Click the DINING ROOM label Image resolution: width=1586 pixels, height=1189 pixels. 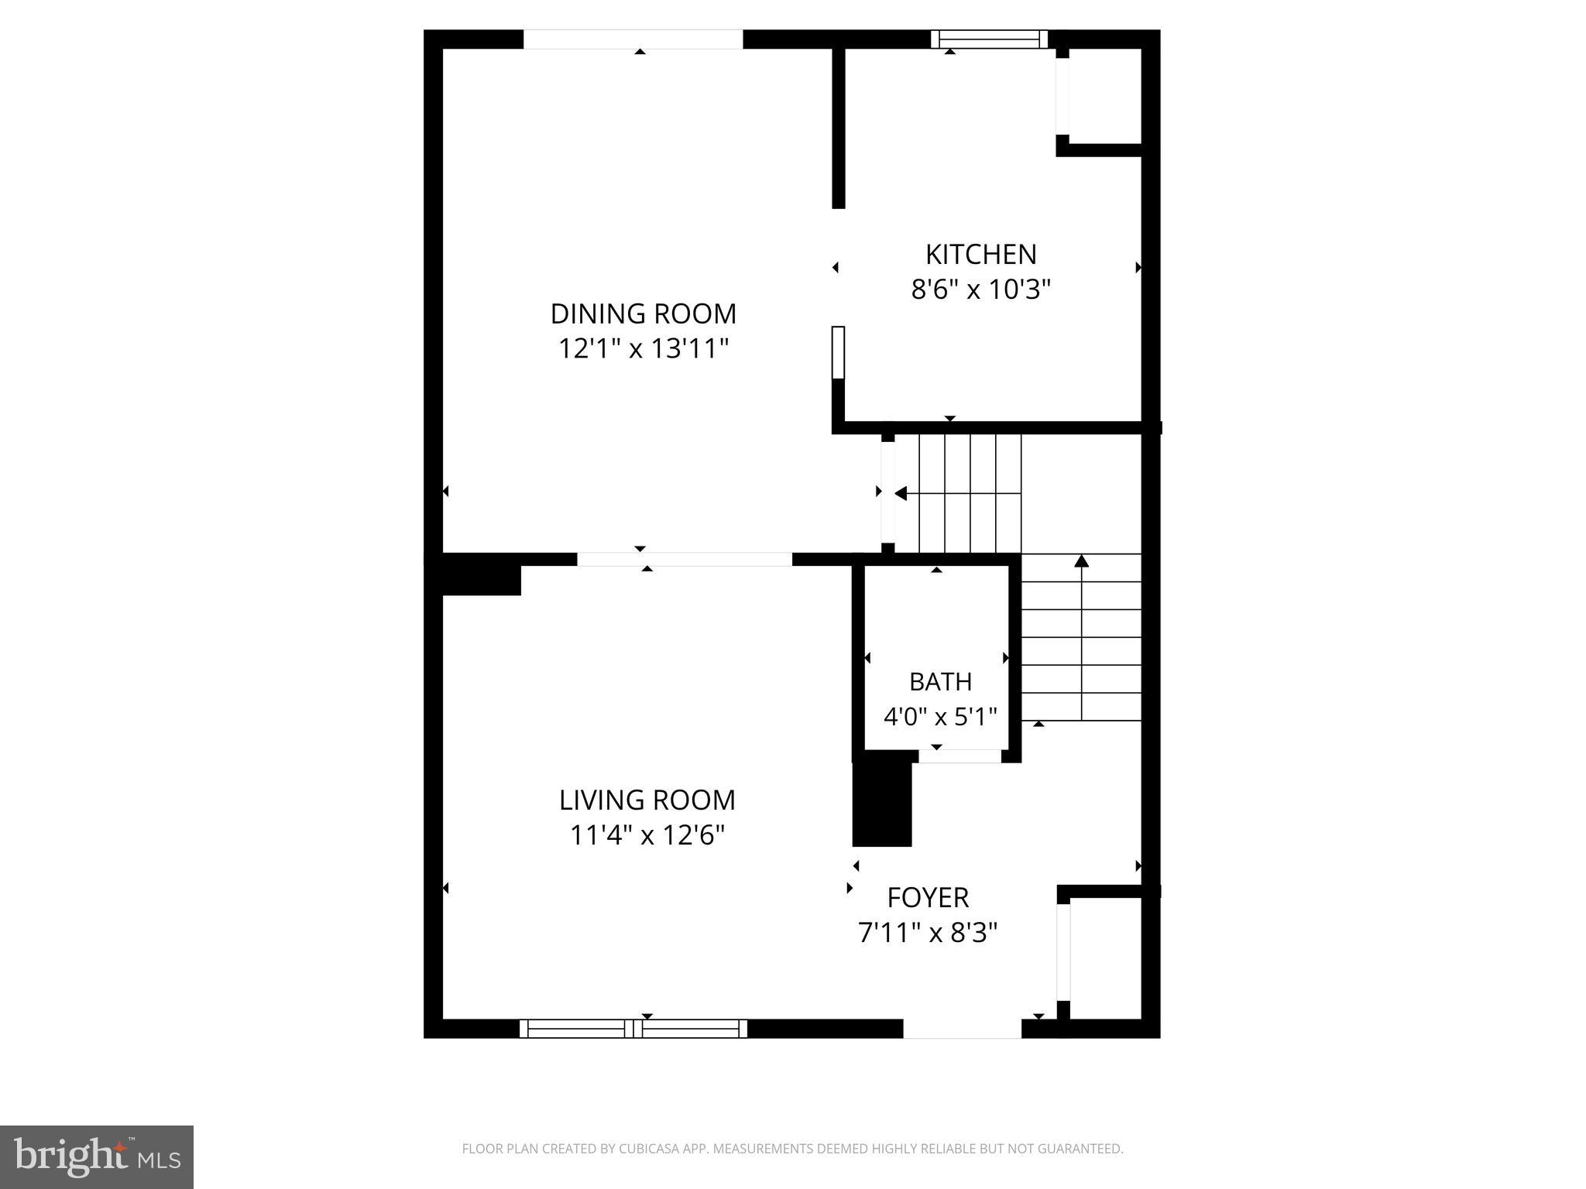643,314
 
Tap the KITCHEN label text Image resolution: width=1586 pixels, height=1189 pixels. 980,255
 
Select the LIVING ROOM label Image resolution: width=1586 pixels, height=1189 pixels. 647,800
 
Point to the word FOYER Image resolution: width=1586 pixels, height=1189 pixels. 928,897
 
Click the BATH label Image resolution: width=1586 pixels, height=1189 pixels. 940,682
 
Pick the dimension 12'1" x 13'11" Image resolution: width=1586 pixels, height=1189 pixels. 644,349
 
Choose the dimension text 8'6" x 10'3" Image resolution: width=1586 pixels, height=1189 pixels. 980,290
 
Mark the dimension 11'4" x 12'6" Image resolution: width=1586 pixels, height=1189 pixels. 647,835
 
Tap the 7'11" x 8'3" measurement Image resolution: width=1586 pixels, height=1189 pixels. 928,933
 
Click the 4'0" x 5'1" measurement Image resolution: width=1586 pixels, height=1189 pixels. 940,717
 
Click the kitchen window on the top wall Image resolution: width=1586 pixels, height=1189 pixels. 989,39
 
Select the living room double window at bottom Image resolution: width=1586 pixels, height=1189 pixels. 633,1028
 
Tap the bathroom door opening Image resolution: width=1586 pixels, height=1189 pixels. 959,756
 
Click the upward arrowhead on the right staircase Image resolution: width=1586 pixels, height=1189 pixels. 1081,560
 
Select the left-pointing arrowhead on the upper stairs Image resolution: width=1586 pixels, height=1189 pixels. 901,493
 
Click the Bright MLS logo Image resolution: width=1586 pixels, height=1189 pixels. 97,1156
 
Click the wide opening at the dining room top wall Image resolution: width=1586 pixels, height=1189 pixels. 633,39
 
